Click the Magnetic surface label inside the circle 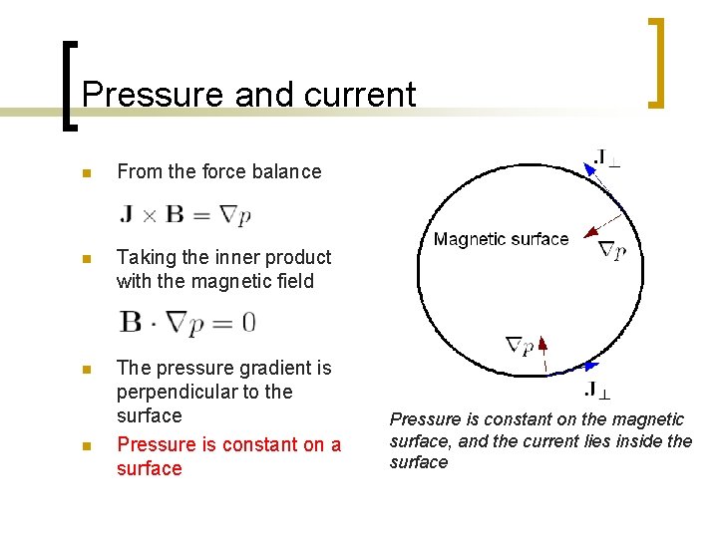click(x=501, y=239)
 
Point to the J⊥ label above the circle click(x=605, y=158)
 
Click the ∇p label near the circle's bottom click(x=520, y=347)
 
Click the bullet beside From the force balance click(x=87, y=172)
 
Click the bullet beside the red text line click(x=87, y=445)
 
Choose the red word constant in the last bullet click(x=264, y=444)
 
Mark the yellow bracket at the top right click(x=657, y=62)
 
